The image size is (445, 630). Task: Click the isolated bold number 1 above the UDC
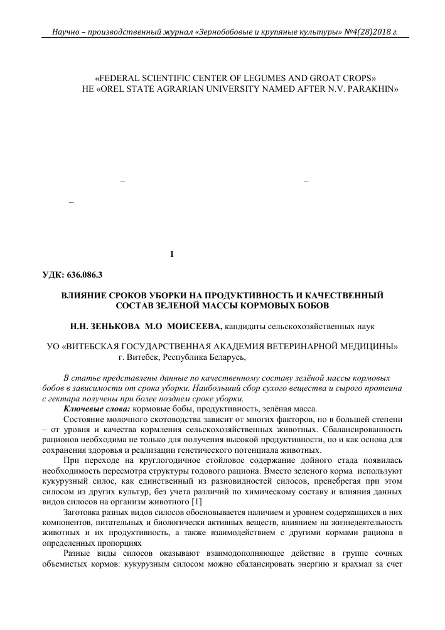(172, 254)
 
